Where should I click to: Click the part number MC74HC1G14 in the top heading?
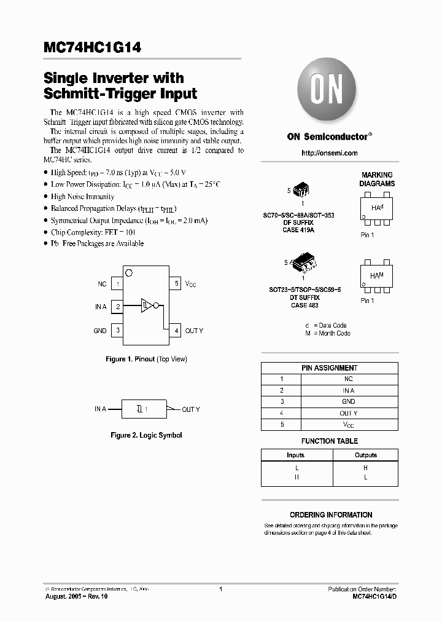click(x=92, y=48)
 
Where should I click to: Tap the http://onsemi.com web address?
click(x=330, y=153)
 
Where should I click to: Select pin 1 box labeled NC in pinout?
click(x=117, y=284)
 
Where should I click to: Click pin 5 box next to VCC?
click(x=176, y=283)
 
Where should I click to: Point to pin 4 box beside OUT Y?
click(x=176, y=331)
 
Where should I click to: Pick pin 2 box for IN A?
click(x=117, y=306)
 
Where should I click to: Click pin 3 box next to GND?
click(x=117, y=331)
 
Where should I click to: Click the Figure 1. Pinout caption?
click(x=146, y=359)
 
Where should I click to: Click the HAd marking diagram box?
click(x=376, y=211)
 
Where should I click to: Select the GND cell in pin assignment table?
click(x=348, y=401)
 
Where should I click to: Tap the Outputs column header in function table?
click(x=366, y=455)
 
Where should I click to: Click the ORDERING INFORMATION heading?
click(x=331, y=515)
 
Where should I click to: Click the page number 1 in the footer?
click(x=220, y=589)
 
